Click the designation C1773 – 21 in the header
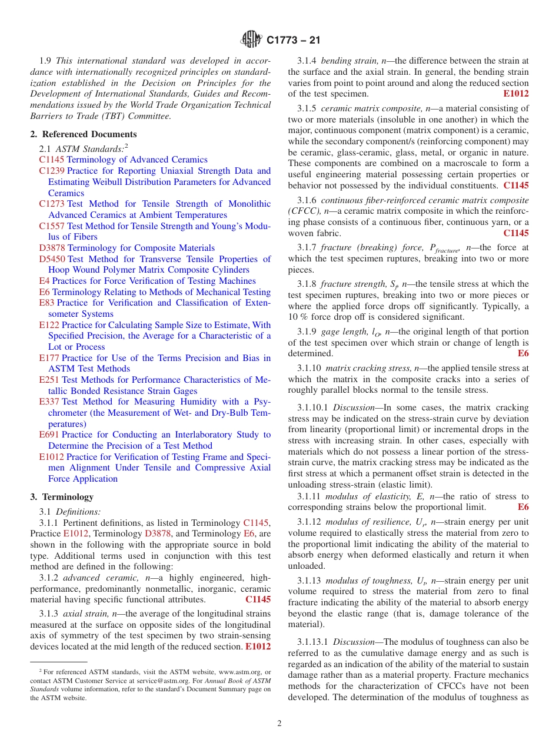[293, 41]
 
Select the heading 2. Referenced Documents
[83, 134]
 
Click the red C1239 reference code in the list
[52, 171]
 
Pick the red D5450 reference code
[52, 259]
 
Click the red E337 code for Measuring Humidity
[49, 402]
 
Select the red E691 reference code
[49, 435]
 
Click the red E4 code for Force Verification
[44, 281]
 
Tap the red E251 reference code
[49, 380]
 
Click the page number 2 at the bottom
[279, 724]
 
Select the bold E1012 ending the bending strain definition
[515, 94]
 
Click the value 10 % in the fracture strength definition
[298, 317]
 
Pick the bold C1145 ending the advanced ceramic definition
[258, 599]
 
